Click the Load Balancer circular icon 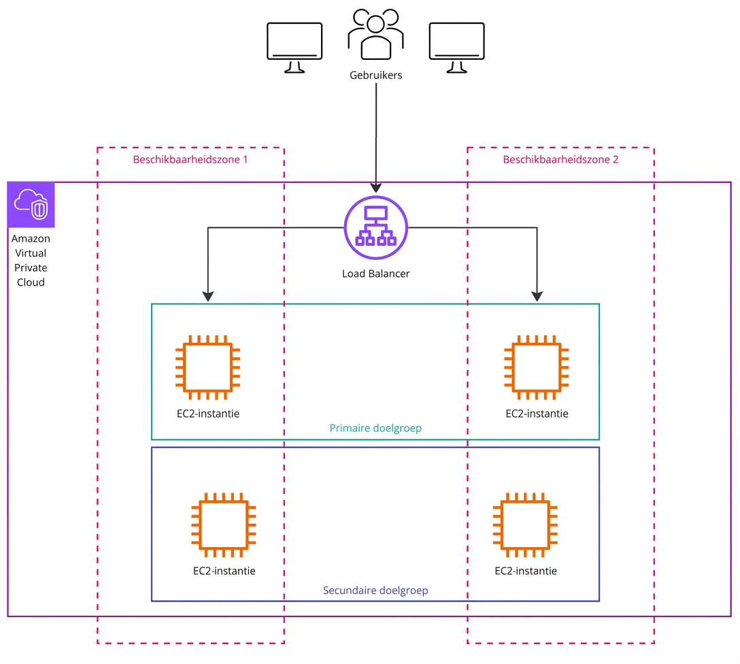click(375, 227)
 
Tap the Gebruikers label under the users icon click(375, 76)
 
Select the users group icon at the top click(375, 35)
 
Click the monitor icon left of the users click(295, 47)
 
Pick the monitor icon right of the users click(457, 47)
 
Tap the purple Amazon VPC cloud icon click(31, 205)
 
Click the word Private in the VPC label click(31, 267)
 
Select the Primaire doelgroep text click(375, 428)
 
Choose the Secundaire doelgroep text click(375, 590)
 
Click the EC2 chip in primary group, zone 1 click(207, 367)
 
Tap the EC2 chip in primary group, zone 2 click(537, 367)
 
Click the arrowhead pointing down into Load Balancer click(375, 187)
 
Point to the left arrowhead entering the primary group click(208, 297)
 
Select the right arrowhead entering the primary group click(537, 297)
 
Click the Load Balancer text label click(375, 273)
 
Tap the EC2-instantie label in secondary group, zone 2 click(526, 571)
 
